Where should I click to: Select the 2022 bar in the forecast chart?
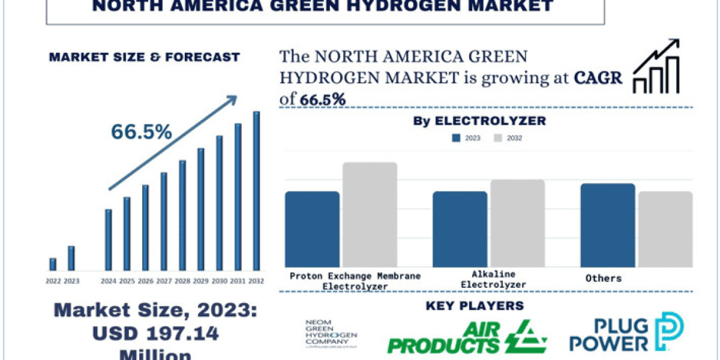53,264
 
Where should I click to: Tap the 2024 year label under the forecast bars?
109,280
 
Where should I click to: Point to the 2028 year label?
182,280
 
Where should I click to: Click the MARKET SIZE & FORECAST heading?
144,58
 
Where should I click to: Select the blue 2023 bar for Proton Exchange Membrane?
312,229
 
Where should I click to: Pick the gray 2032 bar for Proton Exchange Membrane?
370,215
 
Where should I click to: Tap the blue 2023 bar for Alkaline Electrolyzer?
460,229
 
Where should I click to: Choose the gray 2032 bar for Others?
665,229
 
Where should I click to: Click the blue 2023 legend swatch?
456,138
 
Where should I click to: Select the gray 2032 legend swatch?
497,138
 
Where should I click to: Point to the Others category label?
604,278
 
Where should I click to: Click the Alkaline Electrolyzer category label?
490,280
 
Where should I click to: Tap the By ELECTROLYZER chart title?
479,121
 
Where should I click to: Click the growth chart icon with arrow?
657,66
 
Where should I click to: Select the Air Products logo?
467,337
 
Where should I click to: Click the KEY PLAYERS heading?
475,306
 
